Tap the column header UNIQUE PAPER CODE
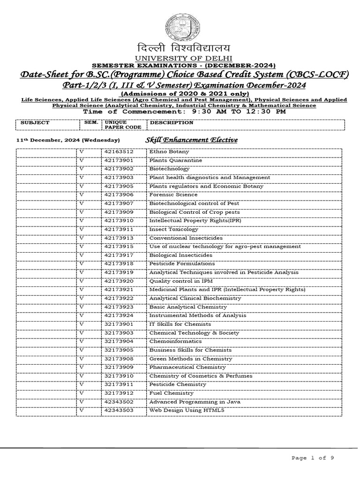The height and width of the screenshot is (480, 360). tap(116, 124)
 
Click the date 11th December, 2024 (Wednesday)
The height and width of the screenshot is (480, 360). tap(68, 141)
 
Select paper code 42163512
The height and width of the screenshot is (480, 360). tap(119, 152)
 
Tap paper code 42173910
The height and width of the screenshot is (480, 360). tap(119, 220)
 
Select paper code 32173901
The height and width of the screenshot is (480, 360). tap(119, 324)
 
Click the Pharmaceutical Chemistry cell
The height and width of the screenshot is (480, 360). tap(180, 367)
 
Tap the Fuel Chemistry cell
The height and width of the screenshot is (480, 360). tap(171, 393)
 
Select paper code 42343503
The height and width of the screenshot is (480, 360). tap(119, 410)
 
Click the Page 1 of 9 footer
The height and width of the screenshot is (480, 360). tap(312, 458)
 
